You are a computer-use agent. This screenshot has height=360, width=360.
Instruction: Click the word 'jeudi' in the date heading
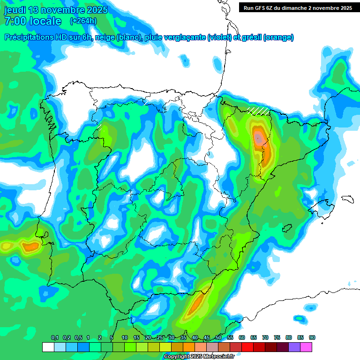click(x=15, y=10)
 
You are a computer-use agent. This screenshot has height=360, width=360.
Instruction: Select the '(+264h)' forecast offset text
click(x=83, y=21)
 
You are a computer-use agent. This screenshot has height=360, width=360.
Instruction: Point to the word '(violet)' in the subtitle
click(x=219, y=37)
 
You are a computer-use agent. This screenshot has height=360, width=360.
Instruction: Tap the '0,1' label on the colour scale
click(x=55, y=338)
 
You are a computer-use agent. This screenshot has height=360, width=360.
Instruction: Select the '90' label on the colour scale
click(x=312, y=338)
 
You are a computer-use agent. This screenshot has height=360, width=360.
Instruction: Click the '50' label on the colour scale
click(x=218, y=338)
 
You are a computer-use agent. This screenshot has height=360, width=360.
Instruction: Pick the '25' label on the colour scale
click(x=160, y=338)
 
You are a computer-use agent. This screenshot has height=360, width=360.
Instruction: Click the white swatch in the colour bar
click(x=48, y=347)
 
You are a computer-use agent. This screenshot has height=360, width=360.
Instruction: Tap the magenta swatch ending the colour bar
click(x=306, y=347)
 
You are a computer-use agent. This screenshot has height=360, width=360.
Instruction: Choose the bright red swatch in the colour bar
click(x=247, y=347)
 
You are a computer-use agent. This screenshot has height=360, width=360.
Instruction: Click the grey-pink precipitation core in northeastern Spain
click(x=258, y=137)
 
